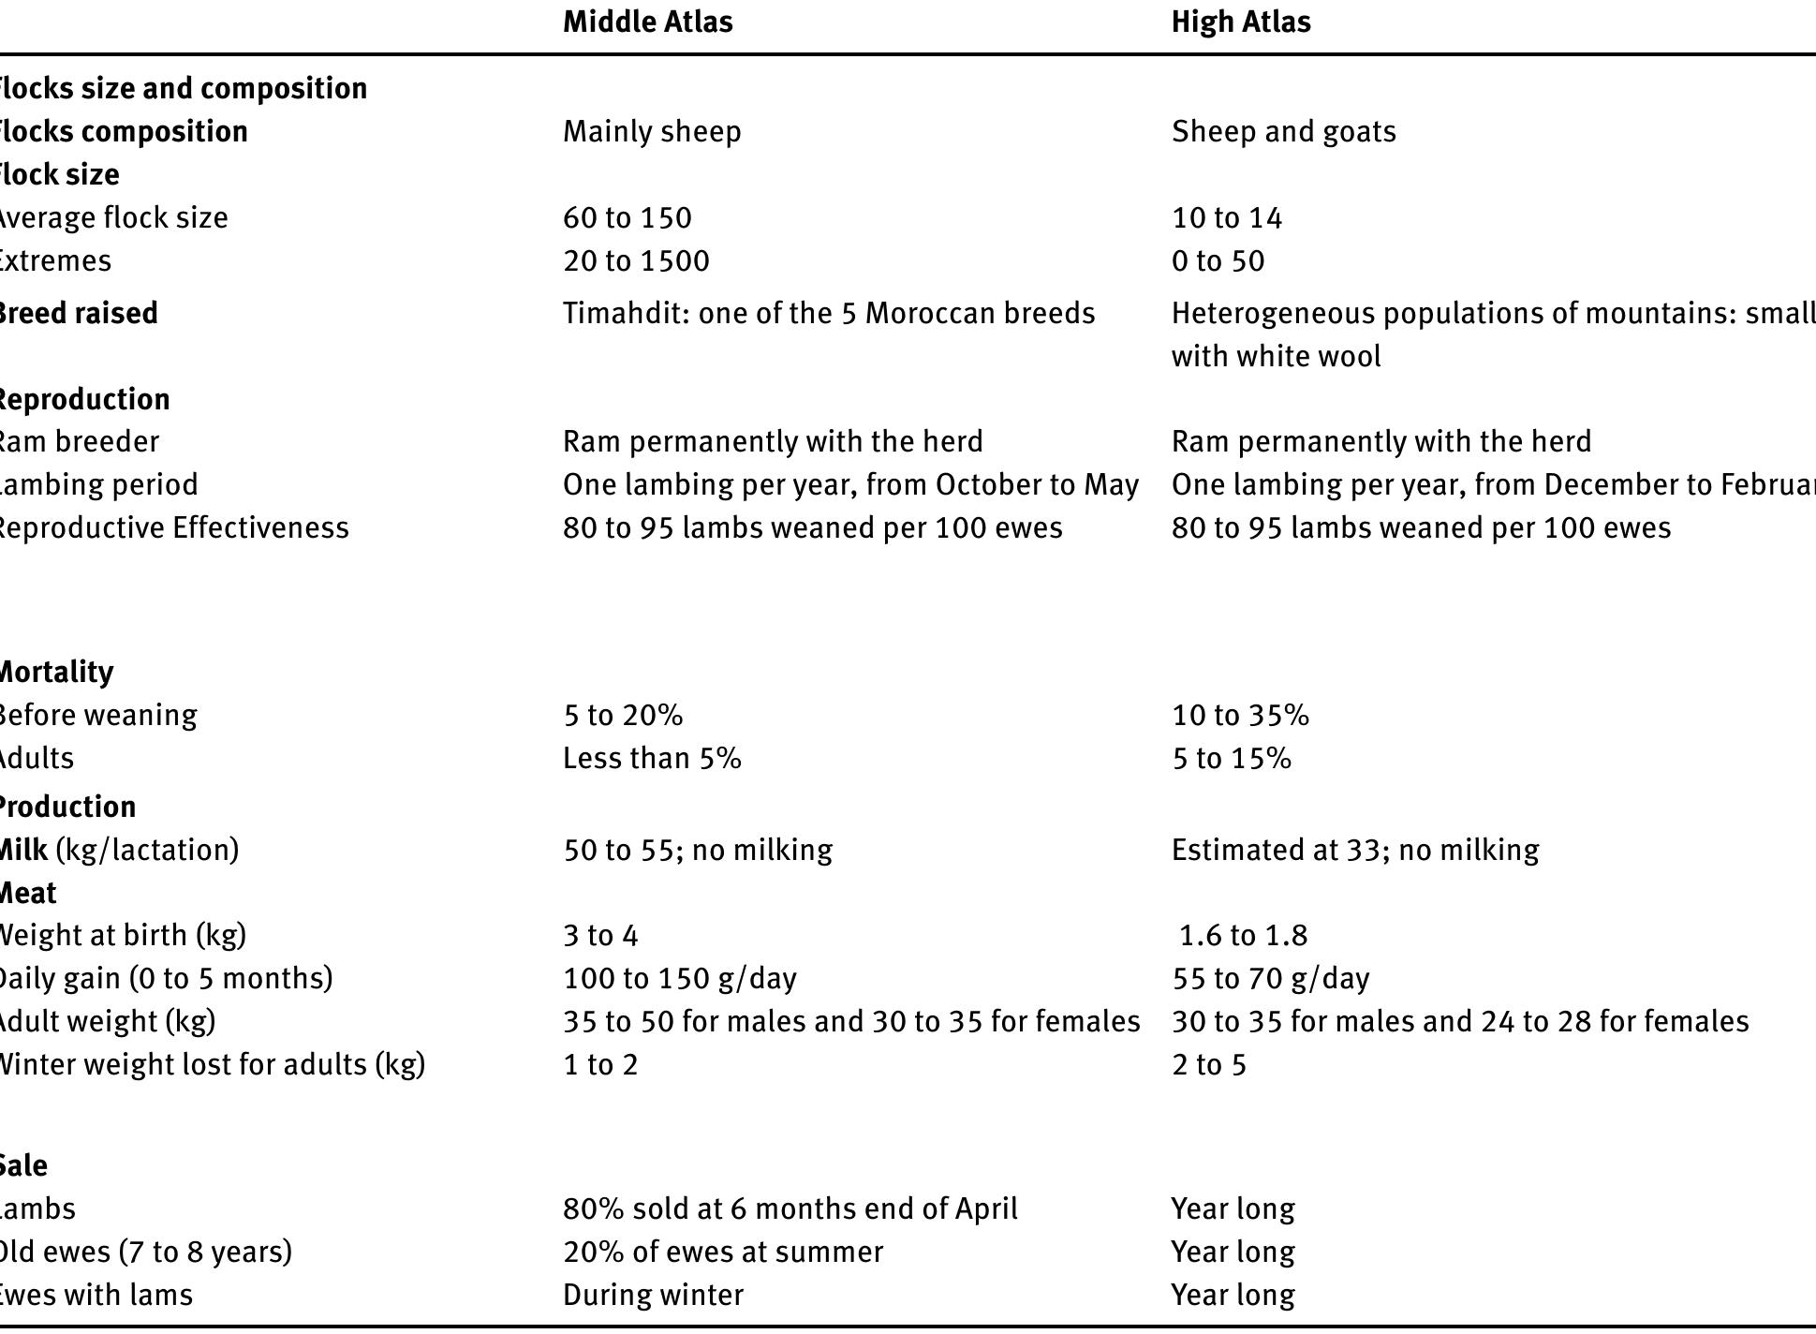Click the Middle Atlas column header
[647, 22]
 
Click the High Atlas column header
[1240, 22]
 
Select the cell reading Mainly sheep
[652, 131]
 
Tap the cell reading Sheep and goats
[1283, 131]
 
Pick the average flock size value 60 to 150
[627, 217]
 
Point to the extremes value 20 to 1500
[636, 260]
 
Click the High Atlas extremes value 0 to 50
[1218, 260]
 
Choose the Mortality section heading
[56, 672]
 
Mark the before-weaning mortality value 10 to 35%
[1240, 715]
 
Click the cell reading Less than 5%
[652, 758]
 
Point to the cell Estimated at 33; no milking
[1354, 850]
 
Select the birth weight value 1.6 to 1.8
[1243, 935]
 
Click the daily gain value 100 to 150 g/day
[679, 978]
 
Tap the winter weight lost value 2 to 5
[1208, 1064]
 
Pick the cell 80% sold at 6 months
[790, 1208]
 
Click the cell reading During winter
[653, 1295]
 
